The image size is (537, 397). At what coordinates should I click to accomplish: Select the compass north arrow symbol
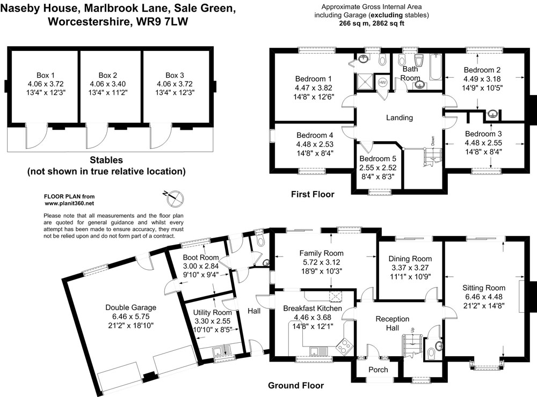(x=173, y=197)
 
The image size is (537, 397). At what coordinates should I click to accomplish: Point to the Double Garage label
(x=130, y=307)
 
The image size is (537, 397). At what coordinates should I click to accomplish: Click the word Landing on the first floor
(x=400, y=117)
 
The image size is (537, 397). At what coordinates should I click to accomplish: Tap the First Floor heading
(x=312, y=194)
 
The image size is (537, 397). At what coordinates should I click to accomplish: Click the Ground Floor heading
(x=296, y=385)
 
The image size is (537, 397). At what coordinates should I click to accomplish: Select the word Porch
(x=378, y=370)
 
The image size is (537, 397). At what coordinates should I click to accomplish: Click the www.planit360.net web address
(x=69, y=204)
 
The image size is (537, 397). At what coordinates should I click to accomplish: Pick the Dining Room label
(x=410, y=258)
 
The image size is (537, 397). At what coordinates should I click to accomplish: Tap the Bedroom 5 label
(x=378, y=159)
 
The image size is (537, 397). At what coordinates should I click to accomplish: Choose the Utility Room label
(x=214, y=312)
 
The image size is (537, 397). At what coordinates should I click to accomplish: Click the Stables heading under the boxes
(x=106, y=160)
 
